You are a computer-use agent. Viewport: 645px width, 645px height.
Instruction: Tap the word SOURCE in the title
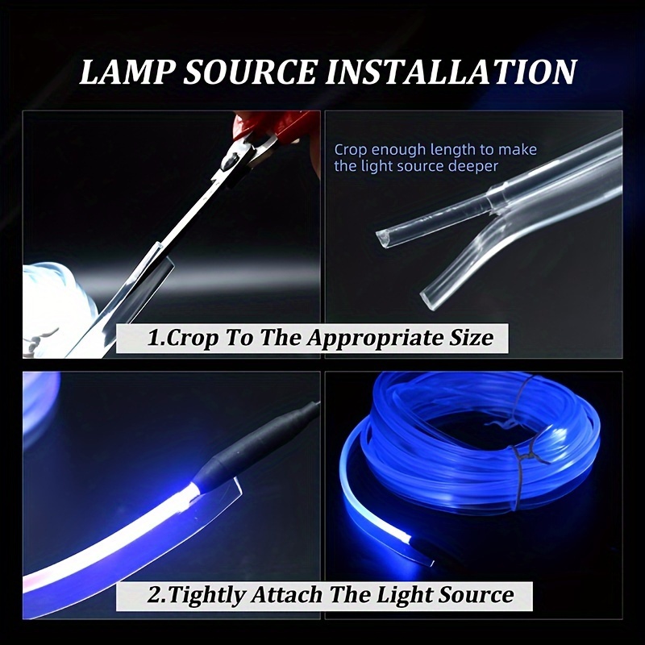tap(251, 72)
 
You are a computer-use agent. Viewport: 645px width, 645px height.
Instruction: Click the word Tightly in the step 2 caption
tap(205, 595)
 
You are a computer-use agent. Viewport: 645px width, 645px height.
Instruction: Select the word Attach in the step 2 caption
tap(287, 595)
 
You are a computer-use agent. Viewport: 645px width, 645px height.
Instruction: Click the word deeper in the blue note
tap(473, 167)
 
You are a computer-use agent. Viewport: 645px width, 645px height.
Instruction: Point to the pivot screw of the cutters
tap(229, 160)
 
